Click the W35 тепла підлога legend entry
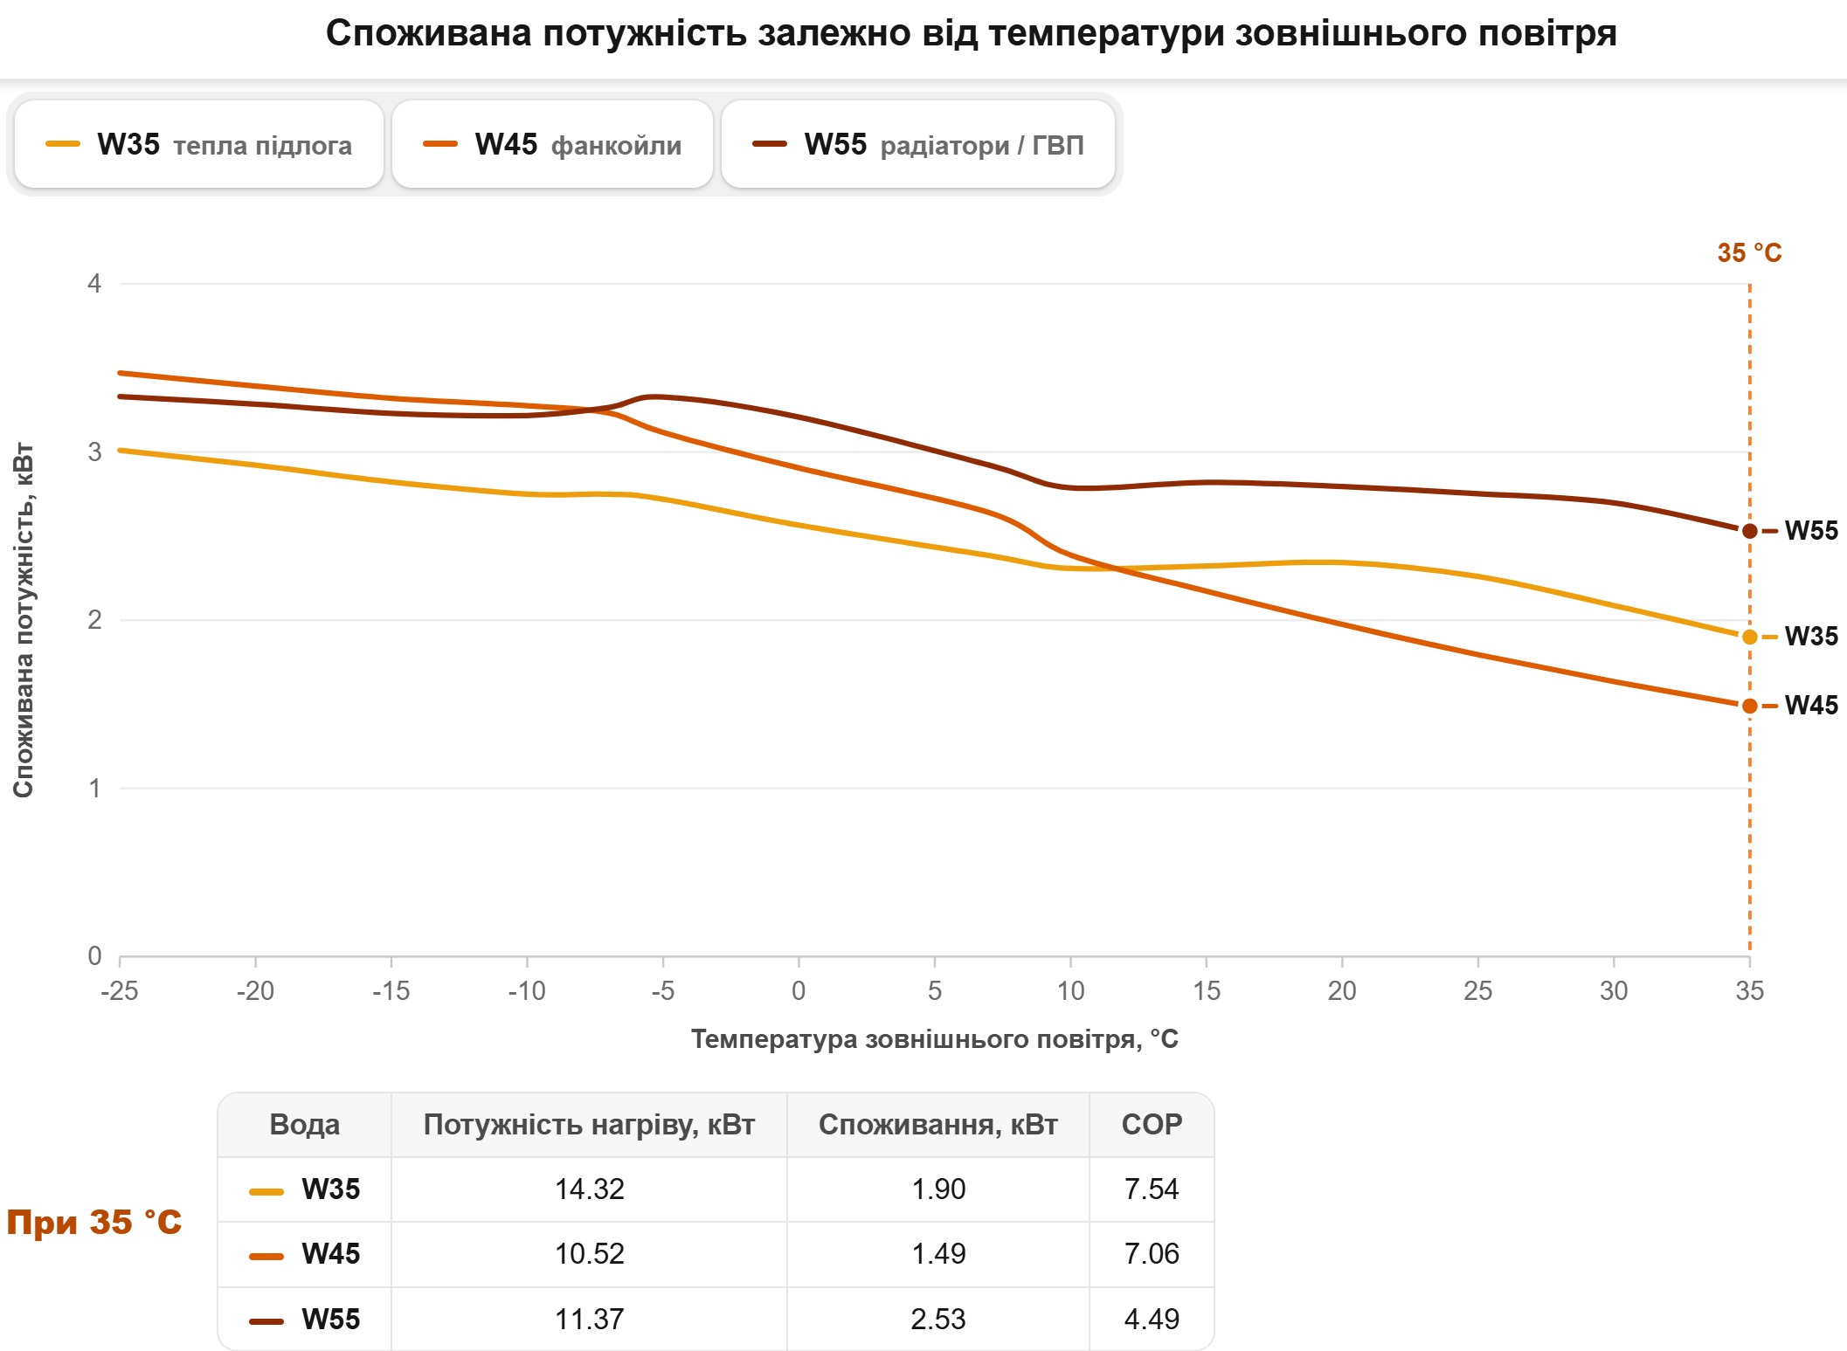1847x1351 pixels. tap(199, 144)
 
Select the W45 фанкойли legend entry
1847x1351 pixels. tap(552, 144)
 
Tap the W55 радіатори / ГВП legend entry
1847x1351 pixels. tap(918, 144)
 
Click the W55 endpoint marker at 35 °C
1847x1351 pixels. tap(1749, 531)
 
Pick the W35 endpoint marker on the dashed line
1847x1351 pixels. tap(1749, 638)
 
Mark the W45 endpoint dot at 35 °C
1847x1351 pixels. tap(1749, 706)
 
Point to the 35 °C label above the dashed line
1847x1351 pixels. tap(1749, 253)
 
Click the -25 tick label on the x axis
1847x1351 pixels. tap(120, 991)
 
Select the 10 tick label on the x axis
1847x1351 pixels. tap(1070, 991)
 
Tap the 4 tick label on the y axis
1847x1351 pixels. tap(94, 283)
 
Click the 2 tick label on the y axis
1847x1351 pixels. tap(94, 620)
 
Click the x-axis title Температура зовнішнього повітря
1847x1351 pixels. tap(935, 1039)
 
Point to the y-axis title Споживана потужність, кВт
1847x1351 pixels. tap(24, 620)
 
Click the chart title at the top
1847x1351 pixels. tap(971, 33)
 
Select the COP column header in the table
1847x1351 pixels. tap(1152, 1124)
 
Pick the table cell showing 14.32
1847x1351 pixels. tap(590, 1189)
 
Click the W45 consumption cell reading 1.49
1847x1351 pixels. tap(938, 1254)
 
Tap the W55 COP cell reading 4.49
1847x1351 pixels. tap(1152, 1319)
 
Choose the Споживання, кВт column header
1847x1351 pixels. tap(938, 1124)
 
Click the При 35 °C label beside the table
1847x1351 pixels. tap(94, 1222)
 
